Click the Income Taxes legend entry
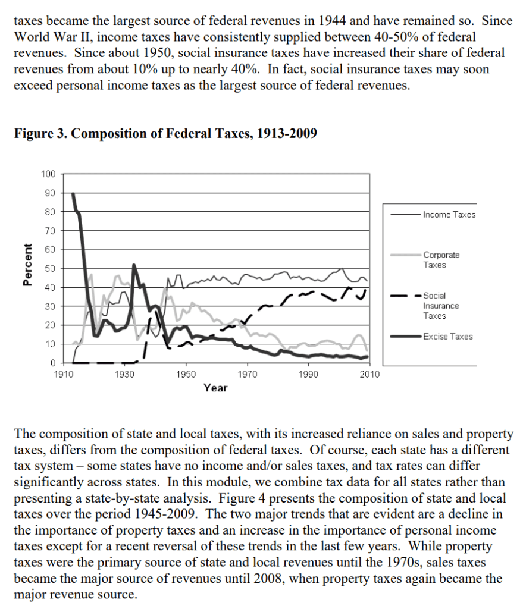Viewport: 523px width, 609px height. (x=449, y=215)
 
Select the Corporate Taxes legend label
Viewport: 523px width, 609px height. (x=441, y=260)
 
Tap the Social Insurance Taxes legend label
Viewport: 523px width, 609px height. (x=441, y=306)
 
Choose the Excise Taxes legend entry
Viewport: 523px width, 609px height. (x=448, y=337)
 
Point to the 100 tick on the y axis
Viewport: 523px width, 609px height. (x=48, y=174)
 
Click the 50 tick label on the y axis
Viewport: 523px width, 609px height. (x=51, y=268)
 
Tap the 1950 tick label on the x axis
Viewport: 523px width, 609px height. (x=186, y=375)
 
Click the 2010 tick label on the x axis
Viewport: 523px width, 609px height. (x=369, y=375)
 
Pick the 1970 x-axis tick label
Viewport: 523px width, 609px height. (x=247, y=375)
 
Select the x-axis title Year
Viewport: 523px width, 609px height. (x=215, y=388)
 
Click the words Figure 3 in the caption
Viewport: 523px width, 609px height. (x=39, y=133)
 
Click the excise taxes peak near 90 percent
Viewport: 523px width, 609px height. (x=73, y=194)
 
